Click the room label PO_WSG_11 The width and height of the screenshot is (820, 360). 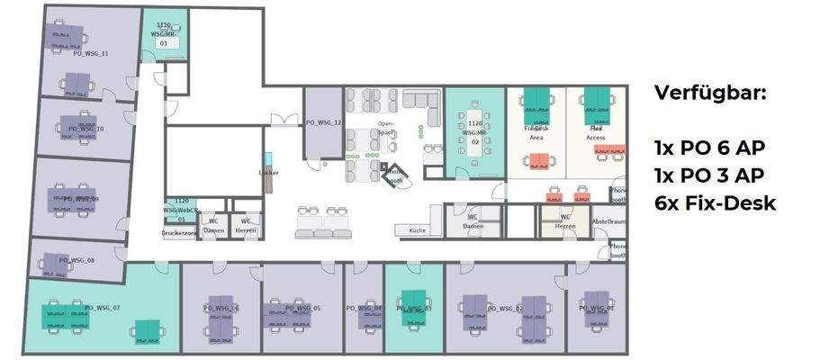[x=90, y=54]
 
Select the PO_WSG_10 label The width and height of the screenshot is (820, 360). [x=86, y=129]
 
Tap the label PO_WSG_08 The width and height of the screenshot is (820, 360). [x=77, y=260]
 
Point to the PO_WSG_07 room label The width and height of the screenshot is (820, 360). [x=102, y=308]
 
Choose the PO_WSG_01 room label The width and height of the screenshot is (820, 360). [x=597, y=308]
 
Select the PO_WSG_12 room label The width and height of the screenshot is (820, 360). [x=324, y=122]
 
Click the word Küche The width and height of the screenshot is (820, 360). [x=417, y=231]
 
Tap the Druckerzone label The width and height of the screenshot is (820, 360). [x=179, y=231]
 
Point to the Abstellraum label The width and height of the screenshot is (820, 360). [x=608, y=220]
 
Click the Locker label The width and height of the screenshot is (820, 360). [x=268, y=172]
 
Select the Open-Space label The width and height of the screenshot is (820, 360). [x=385, y=128]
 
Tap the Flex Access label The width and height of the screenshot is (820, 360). [x=595, y=133]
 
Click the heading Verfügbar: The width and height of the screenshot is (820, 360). [x=709, y=93]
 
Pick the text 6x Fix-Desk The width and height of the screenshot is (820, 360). [x=715, y=203]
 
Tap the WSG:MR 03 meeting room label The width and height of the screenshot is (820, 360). [x=163, y=34]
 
